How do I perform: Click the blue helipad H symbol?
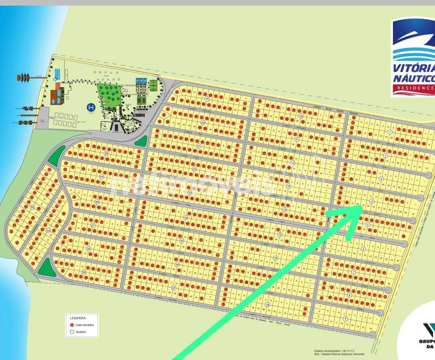pyautogui.click(x=91, y=107)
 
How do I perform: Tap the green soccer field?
pyautogui.click(x=153, y=85)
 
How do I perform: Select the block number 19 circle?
pyautogui.click(x=207, y=99)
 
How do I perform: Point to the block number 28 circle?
pyautogui.click(x=106, y=154)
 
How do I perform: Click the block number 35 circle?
pyautogui.click(x=32, y=207)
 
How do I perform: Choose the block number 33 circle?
pyautogui.click(x=84, y=272)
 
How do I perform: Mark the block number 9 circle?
pyautogui.click(x=345, y=318)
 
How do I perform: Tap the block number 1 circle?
pyautogui.click(x=390, y=132)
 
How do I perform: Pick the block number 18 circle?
pyautogui.click(x=267, y=305)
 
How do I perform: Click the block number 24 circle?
pyautogui.click(x=186, y=217)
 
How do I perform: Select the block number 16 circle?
pyautogui.click(x=275, y=258)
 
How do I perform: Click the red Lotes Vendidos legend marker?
pyautogui.click(x=72, y=325)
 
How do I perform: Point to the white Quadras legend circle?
pyautogui.click(x=72, y=332)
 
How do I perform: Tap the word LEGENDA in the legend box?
pyautogui.click(x=78, y=318)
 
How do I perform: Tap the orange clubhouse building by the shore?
pyautogui.click(x=56, y=95)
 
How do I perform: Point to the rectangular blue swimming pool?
pyautogui.click(x=57, y=74)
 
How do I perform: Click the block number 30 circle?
pyautogui.click(x=97, y=202)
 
